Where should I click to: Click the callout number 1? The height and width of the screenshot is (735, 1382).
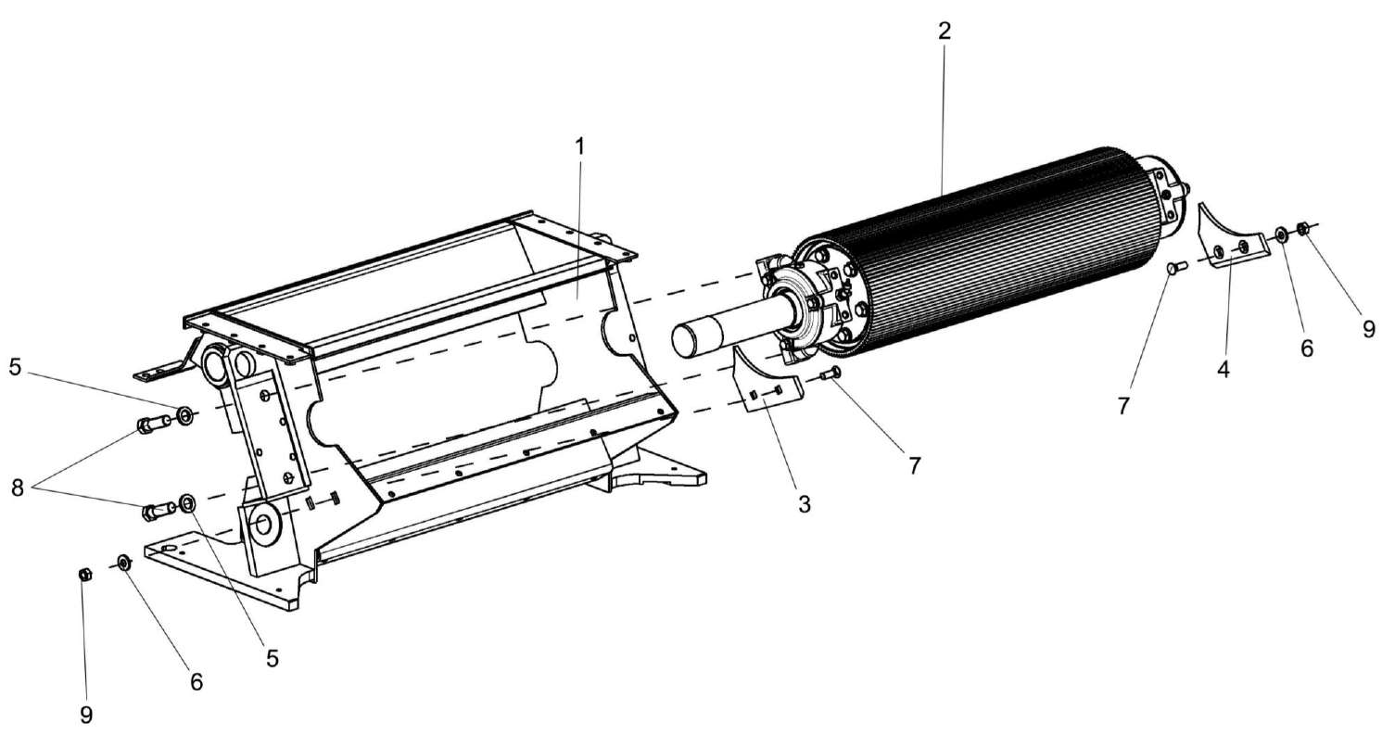coord(579,146)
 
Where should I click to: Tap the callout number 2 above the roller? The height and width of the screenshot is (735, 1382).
coord(944,31)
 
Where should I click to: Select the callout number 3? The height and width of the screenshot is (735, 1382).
coord(804,504)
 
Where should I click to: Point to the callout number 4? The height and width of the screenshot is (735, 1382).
coord(1223,369)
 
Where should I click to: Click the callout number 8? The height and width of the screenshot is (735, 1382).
coord(18,488)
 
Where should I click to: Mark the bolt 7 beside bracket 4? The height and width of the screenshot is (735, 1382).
coord(1173,269)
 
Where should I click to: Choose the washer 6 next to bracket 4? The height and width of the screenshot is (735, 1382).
coord(1280,234)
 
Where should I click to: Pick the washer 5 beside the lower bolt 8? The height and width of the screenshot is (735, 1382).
coord(187,503)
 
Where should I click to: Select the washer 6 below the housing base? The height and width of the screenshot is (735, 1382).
coord(123,562)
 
